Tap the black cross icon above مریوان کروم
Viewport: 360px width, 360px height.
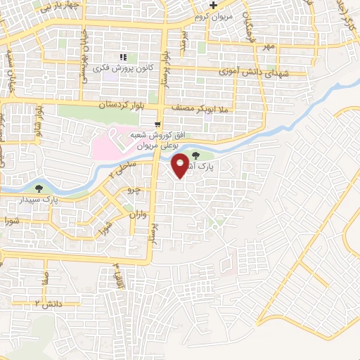[x=223, y=5]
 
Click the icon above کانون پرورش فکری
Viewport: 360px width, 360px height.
[x=123, y=56]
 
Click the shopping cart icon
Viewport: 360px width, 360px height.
[x=158, y=123]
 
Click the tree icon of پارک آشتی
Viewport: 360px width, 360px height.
[x=194, y=156]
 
